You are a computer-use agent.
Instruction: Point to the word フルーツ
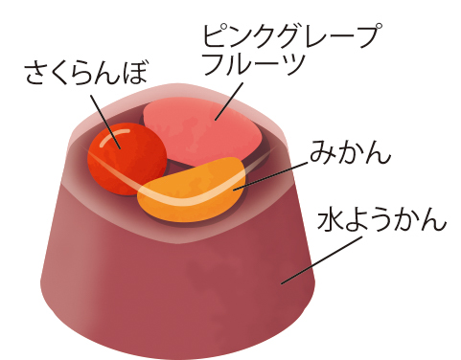point(252,68)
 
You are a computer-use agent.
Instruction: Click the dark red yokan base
point(173,278)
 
